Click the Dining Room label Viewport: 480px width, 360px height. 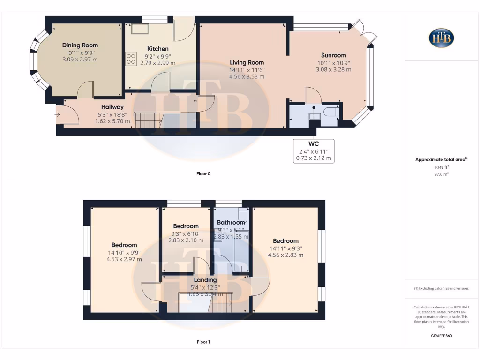click(80, 45)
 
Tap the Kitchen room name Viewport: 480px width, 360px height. click(157, 49)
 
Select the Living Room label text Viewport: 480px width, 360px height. click(247, 62)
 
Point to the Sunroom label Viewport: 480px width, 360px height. click(333, 55)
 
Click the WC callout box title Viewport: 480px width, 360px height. click(314, 143)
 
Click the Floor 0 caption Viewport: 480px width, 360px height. click(203, 174)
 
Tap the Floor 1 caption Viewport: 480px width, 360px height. click(203, 342)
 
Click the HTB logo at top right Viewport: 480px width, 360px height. click(441, 38)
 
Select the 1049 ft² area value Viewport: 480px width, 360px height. click(441, 167)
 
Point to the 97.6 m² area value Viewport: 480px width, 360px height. click(441, 174)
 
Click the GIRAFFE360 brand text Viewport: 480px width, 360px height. click(441, 336)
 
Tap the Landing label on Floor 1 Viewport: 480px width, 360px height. click(205, 280)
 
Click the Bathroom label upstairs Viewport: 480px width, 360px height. click(231, 222)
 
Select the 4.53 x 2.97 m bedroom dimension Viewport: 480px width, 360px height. click(124, 259)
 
